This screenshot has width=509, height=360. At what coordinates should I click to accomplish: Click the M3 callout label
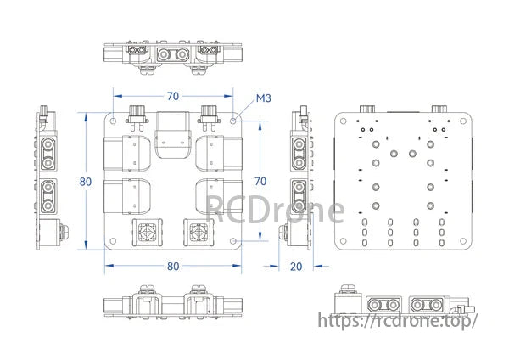(263, 98)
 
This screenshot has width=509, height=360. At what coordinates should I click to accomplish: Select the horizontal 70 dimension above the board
(173, 96)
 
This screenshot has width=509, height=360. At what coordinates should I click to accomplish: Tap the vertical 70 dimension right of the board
(260, 181)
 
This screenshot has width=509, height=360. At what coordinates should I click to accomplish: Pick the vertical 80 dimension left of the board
(86, 182)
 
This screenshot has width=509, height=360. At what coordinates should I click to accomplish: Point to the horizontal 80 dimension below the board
(173, 266)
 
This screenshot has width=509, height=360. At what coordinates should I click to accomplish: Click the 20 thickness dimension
(296, 267)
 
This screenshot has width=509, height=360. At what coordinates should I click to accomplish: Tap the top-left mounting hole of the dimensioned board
(113, 121)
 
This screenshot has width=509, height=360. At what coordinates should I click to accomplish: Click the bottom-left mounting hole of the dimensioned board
(113, 241)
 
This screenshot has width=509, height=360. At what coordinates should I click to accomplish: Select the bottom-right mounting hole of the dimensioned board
(233, 241)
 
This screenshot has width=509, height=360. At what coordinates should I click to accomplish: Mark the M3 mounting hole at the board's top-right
(233, 121)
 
